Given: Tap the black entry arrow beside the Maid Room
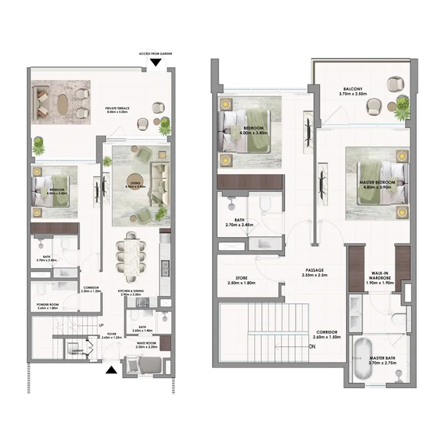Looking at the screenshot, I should coord(112,371).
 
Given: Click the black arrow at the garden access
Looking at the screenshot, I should coord(157,62).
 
